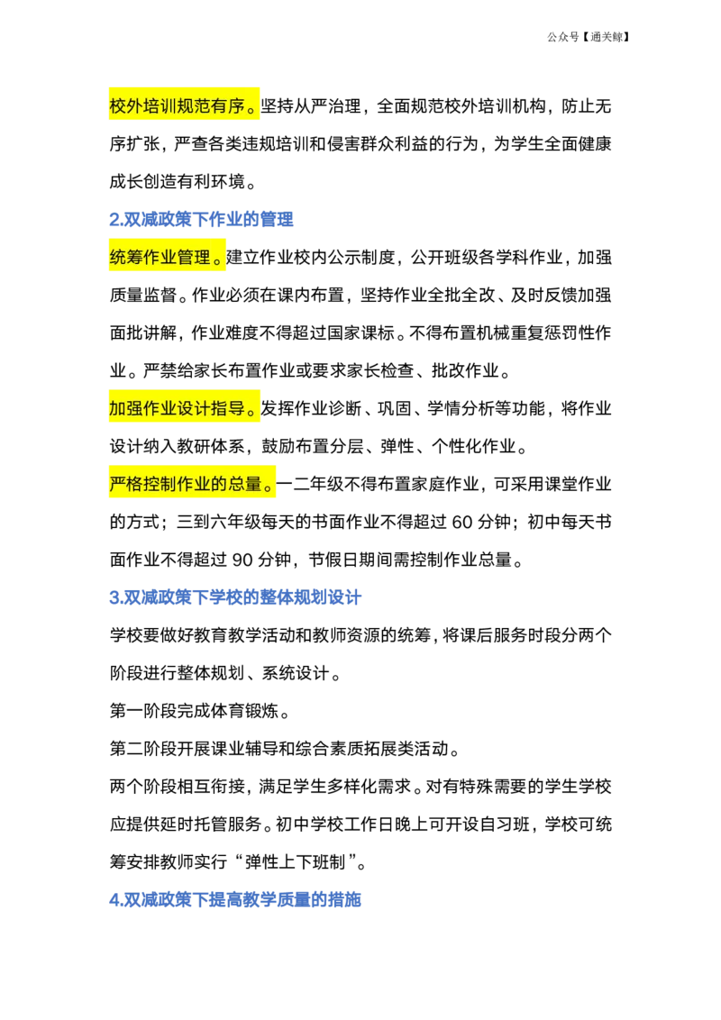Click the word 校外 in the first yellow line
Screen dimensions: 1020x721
click(126, 106)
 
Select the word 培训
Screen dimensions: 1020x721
click(160, 106)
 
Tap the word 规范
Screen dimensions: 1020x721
click(195, 106)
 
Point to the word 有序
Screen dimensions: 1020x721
click(229, 106)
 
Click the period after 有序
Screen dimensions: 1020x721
click(252, 108)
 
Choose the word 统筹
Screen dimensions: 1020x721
click(126, 258)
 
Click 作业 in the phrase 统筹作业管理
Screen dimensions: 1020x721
click(160, 258)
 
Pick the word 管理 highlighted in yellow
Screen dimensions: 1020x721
click(195, 258)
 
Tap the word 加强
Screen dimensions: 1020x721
click(126, 409)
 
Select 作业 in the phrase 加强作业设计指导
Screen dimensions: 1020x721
click(160, 409)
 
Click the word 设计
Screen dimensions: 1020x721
click(195, 409)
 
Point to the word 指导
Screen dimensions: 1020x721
click(229, 409)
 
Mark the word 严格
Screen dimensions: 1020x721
click(126, 484)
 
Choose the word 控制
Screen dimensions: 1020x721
click(160, 484)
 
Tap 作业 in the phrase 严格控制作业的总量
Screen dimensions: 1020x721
click(195, 484)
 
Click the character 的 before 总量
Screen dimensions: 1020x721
click(220, 484)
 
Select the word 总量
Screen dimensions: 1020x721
click(245, 484)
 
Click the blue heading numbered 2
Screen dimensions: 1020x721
click(201, 219)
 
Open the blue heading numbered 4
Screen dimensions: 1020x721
click(237, 898)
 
